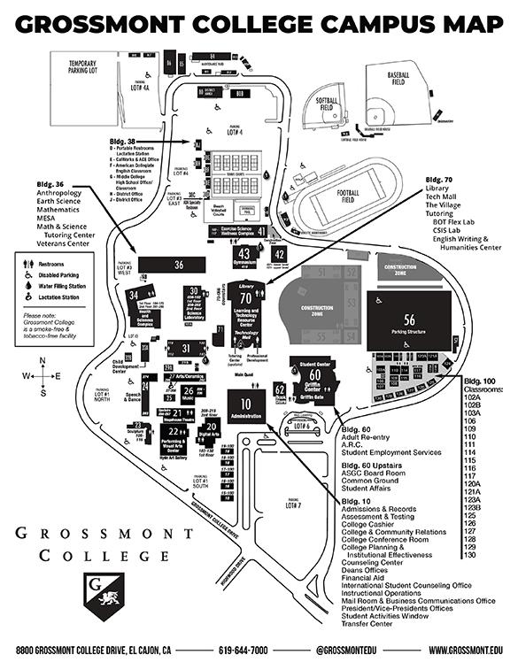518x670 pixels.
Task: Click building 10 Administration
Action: (245, 409)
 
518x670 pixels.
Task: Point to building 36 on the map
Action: (178, 264)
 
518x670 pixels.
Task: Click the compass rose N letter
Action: (43, 360)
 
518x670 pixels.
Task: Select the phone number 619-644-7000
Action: (243, 651)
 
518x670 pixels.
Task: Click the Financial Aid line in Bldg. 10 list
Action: (367, 577)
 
